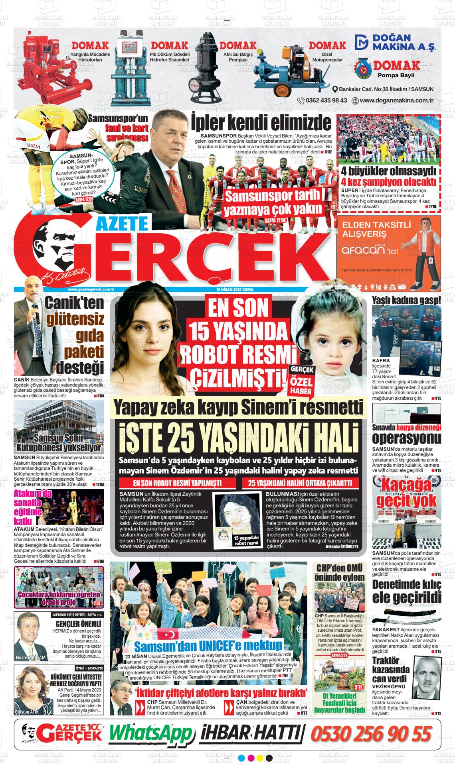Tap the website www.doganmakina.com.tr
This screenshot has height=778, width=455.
pyautogui.click(x=396, y=100)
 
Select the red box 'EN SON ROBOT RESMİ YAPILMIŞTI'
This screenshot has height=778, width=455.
pyautogui.click(x=177, y=483)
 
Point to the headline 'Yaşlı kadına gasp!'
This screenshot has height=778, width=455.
pyautogui.click(x=406, y=300)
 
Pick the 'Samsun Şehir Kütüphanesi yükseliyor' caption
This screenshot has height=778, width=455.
pyautogui.click(x=59, y=442)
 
